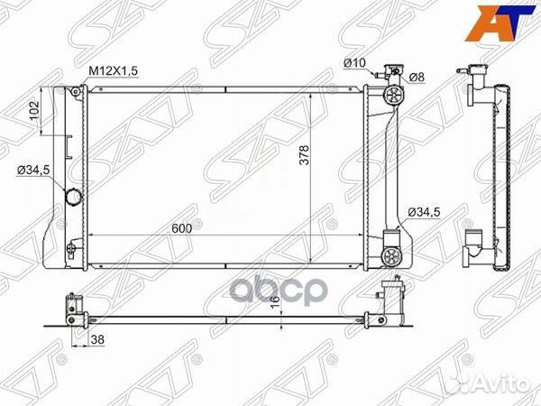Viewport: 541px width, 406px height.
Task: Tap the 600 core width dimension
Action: coord(181,228)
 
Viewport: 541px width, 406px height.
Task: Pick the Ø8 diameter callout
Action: coord(417,77)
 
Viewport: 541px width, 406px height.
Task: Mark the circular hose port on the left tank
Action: coord(73,198)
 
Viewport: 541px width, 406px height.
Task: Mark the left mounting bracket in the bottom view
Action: coord(71,308)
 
